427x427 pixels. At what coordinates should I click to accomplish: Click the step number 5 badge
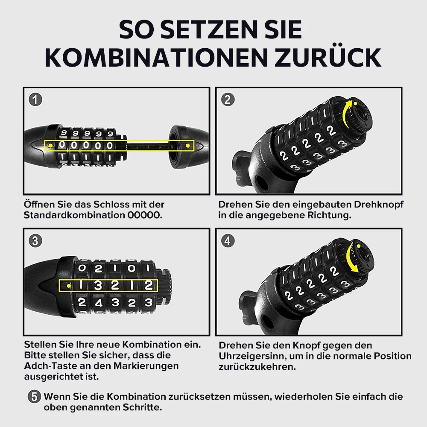coord(34,396)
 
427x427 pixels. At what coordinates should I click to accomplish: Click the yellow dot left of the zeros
coord(51,146)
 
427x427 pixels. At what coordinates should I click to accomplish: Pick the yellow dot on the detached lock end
coord(188,146)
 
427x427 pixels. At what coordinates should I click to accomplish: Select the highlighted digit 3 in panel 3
coord(98,285)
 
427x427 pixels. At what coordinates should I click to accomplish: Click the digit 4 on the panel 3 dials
coord(98,303)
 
